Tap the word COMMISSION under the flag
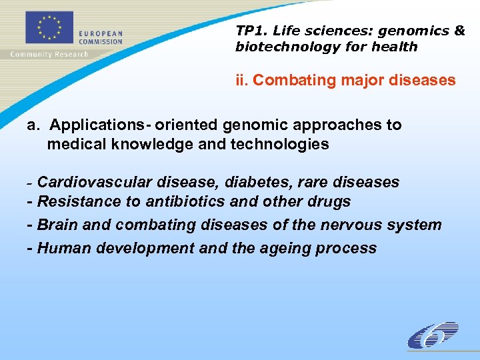[101, 41]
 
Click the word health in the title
[397, 47]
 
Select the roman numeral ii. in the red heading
[242, 81]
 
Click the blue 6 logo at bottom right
[433, 335]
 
